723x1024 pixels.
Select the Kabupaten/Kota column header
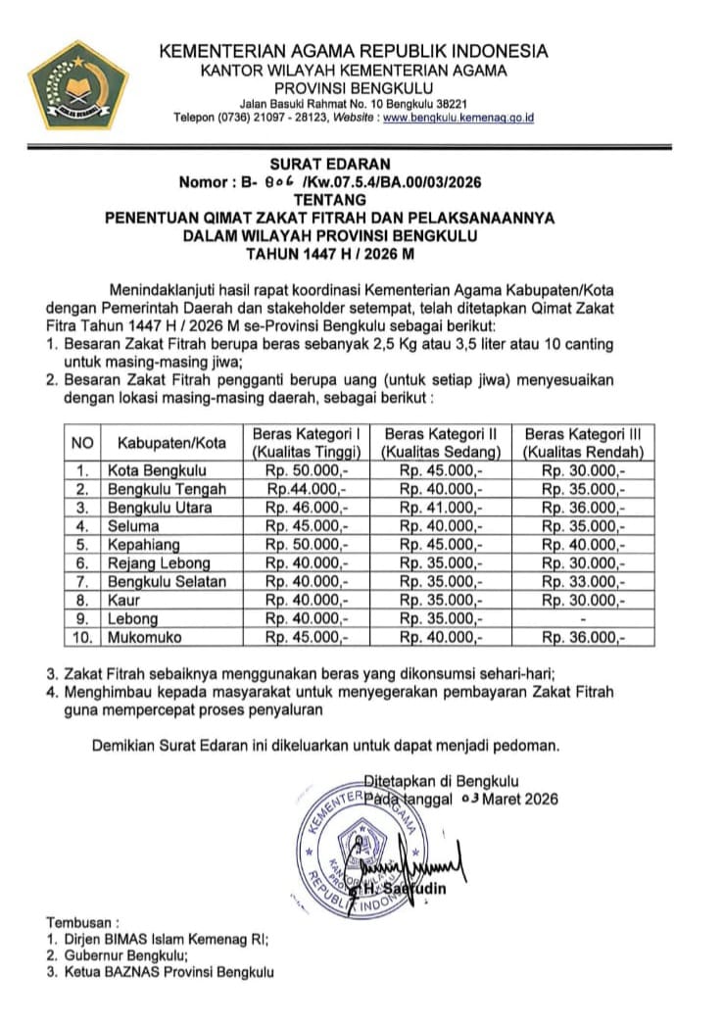point(170,443)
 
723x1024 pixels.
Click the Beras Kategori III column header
point(583,443)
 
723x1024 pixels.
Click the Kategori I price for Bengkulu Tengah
point(305,489)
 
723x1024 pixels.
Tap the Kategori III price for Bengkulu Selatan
point(583,582)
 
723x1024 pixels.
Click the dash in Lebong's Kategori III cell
point(583,619)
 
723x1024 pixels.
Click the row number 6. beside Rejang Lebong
point(82,563)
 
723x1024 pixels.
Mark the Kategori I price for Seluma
point(305,526)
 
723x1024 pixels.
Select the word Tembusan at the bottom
point(82,922)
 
